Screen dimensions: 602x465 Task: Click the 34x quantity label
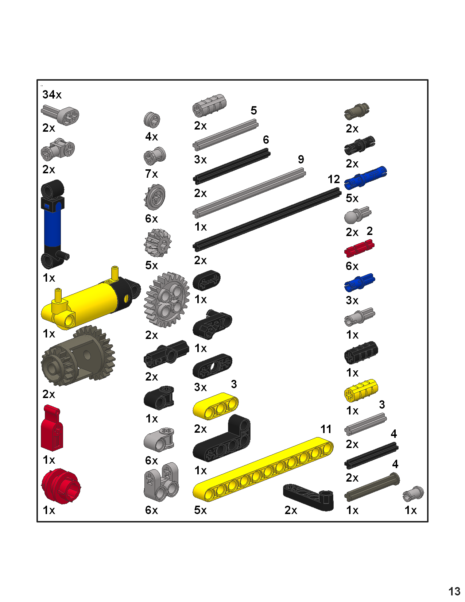pyautogui.click(x=52, y=95)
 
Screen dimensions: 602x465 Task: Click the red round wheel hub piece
pyautogui.click(x=60, y=486)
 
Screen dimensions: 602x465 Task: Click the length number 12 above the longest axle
pyautogui.click(x=333, y=180)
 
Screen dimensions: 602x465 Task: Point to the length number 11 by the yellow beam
pyautogui.click(x=326, y=429)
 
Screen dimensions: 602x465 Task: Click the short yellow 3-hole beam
pyautogui.click(x=216, y=406)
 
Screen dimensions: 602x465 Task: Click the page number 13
pyautogui.click(x=454, y=591)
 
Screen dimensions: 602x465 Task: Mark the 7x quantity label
pyautogui.click(x=151, y=174)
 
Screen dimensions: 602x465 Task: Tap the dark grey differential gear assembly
pyautogui.click(x=78, y=356)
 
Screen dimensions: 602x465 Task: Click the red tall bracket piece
pyautogui.click(x=52, y=429)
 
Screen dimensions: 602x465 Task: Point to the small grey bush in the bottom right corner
pyautogui.click(x=413, y=493)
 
